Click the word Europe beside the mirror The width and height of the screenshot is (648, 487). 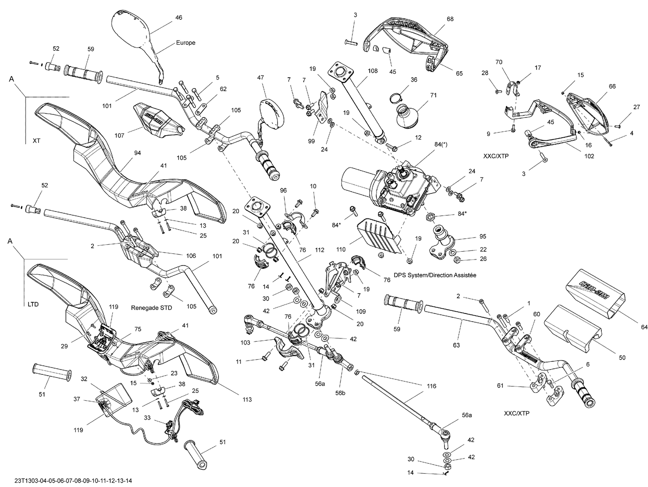185,43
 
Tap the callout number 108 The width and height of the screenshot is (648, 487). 372,71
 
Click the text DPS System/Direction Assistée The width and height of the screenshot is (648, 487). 435,275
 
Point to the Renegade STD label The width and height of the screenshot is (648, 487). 151,308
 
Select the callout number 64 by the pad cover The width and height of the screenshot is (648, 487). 644,328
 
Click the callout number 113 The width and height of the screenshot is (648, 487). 247,399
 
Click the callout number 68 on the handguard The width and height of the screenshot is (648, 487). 450,19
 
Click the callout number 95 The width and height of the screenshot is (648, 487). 483,237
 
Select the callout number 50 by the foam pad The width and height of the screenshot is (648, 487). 622,358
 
